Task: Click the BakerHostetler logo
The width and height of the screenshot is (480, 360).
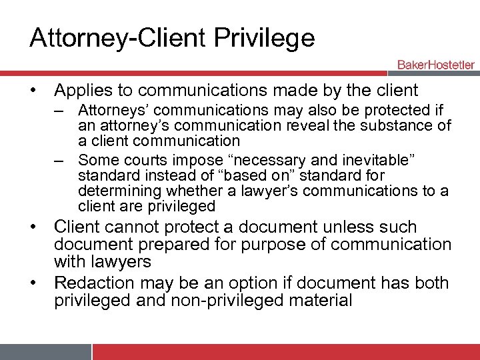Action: pyautogui.click(x=435, y=65)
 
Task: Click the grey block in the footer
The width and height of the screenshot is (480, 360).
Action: pyautogui.click(x=45, y=351)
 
